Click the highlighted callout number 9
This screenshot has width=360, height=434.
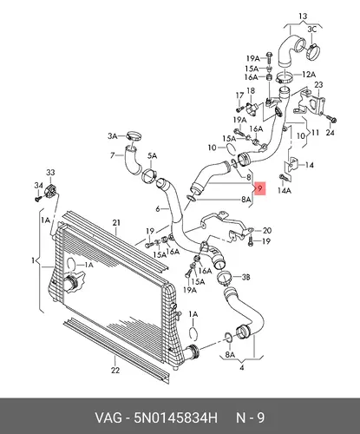260,189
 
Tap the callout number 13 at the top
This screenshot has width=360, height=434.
303,16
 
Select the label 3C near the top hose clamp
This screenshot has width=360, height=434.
311,29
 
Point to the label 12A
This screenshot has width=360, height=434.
309,75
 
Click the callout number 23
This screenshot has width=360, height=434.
318,85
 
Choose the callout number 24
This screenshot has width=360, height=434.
330,133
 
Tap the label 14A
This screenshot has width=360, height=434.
285,191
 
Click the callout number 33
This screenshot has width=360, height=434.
50,173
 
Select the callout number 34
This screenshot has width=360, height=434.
38,186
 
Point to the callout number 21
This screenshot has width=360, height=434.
116,223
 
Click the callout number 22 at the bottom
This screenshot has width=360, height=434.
115,370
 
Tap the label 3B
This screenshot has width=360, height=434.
245,277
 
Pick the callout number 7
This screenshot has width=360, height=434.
113,155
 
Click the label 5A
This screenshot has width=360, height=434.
152,156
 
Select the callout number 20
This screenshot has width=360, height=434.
267,231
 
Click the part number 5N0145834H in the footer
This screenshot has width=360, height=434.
175,418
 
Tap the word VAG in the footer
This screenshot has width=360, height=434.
108,418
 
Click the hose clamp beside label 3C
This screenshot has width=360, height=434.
312,52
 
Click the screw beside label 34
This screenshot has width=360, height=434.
38,199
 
